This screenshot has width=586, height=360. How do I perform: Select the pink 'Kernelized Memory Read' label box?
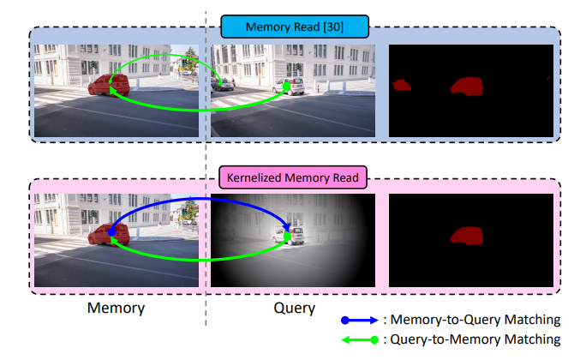(x=295, y=178)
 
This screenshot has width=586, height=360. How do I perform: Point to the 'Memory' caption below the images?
(x=116, y=307)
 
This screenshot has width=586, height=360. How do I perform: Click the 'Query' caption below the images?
(x=294, y=307)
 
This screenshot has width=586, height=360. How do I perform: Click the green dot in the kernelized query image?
(x=288, y=235)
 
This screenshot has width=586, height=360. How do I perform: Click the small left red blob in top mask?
(x=401, y=85)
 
